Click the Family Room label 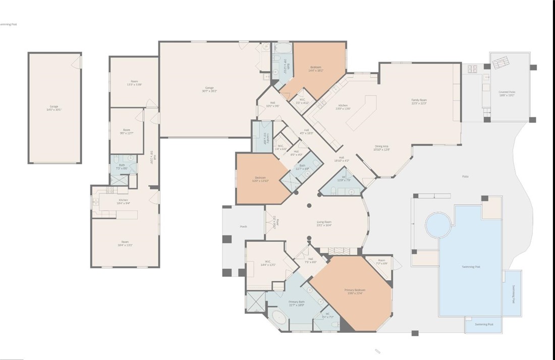[x=419, y=101]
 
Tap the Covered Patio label [x=507, y=93]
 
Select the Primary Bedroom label [x=355, y=291]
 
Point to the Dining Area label [x=381, y=147]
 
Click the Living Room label [x=324, y=223]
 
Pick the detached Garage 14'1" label [x=53, y=108]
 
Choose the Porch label [x=243, y=227]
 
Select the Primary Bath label [x=296, y=303]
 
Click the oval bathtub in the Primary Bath [x=279, y=318]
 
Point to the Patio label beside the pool [x=465, y=176]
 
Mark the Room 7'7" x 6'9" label [x=381, y=262]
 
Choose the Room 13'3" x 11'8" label [x=134, y=83]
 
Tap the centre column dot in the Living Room [x=309, y=205]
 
